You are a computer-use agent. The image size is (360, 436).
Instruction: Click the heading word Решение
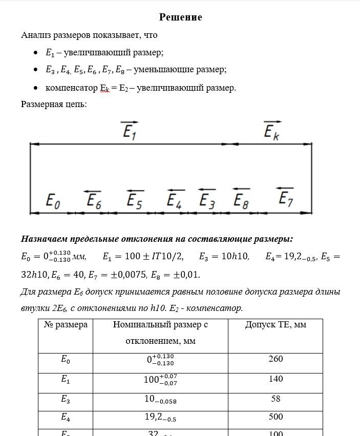[180, 17]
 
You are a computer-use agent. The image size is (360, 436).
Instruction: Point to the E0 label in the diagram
[53, 200]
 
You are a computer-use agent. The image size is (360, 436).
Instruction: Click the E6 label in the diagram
[93, 200]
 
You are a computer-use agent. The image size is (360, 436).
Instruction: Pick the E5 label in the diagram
[134, 200]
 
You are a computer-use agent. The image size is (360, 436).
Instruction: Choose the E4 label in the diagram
[175, 200]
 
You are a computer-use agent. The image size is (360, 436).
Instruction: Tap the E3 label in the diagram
[207, 200]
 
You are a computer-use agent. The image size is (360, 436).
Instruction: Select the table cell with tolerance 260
[276, 359]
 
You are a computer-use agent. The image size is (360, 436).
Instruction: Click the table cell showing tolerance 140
[276, 379]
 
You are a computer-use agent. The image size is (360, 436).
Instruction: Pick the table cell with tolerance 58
[276, 398]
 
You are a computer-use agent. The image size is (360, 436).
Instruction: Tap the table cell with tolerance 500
[276, 417]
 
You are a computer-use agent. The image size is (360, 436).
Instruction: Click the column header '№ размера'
[66, 325]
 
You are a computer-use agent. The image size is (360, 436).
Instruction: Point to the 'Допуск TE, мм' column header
[276, 325]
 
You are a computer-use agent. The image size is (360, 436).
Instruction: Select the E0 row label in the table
[66, 360]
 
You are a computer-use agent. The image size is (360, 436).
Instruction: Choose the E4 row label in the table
[66, 418]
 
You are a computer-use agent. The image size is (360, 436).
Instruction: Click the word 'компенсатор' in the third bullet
[71, 88]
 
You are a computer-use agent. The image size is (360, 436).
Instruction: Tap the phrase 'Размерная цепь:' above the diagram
[54, 104]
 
